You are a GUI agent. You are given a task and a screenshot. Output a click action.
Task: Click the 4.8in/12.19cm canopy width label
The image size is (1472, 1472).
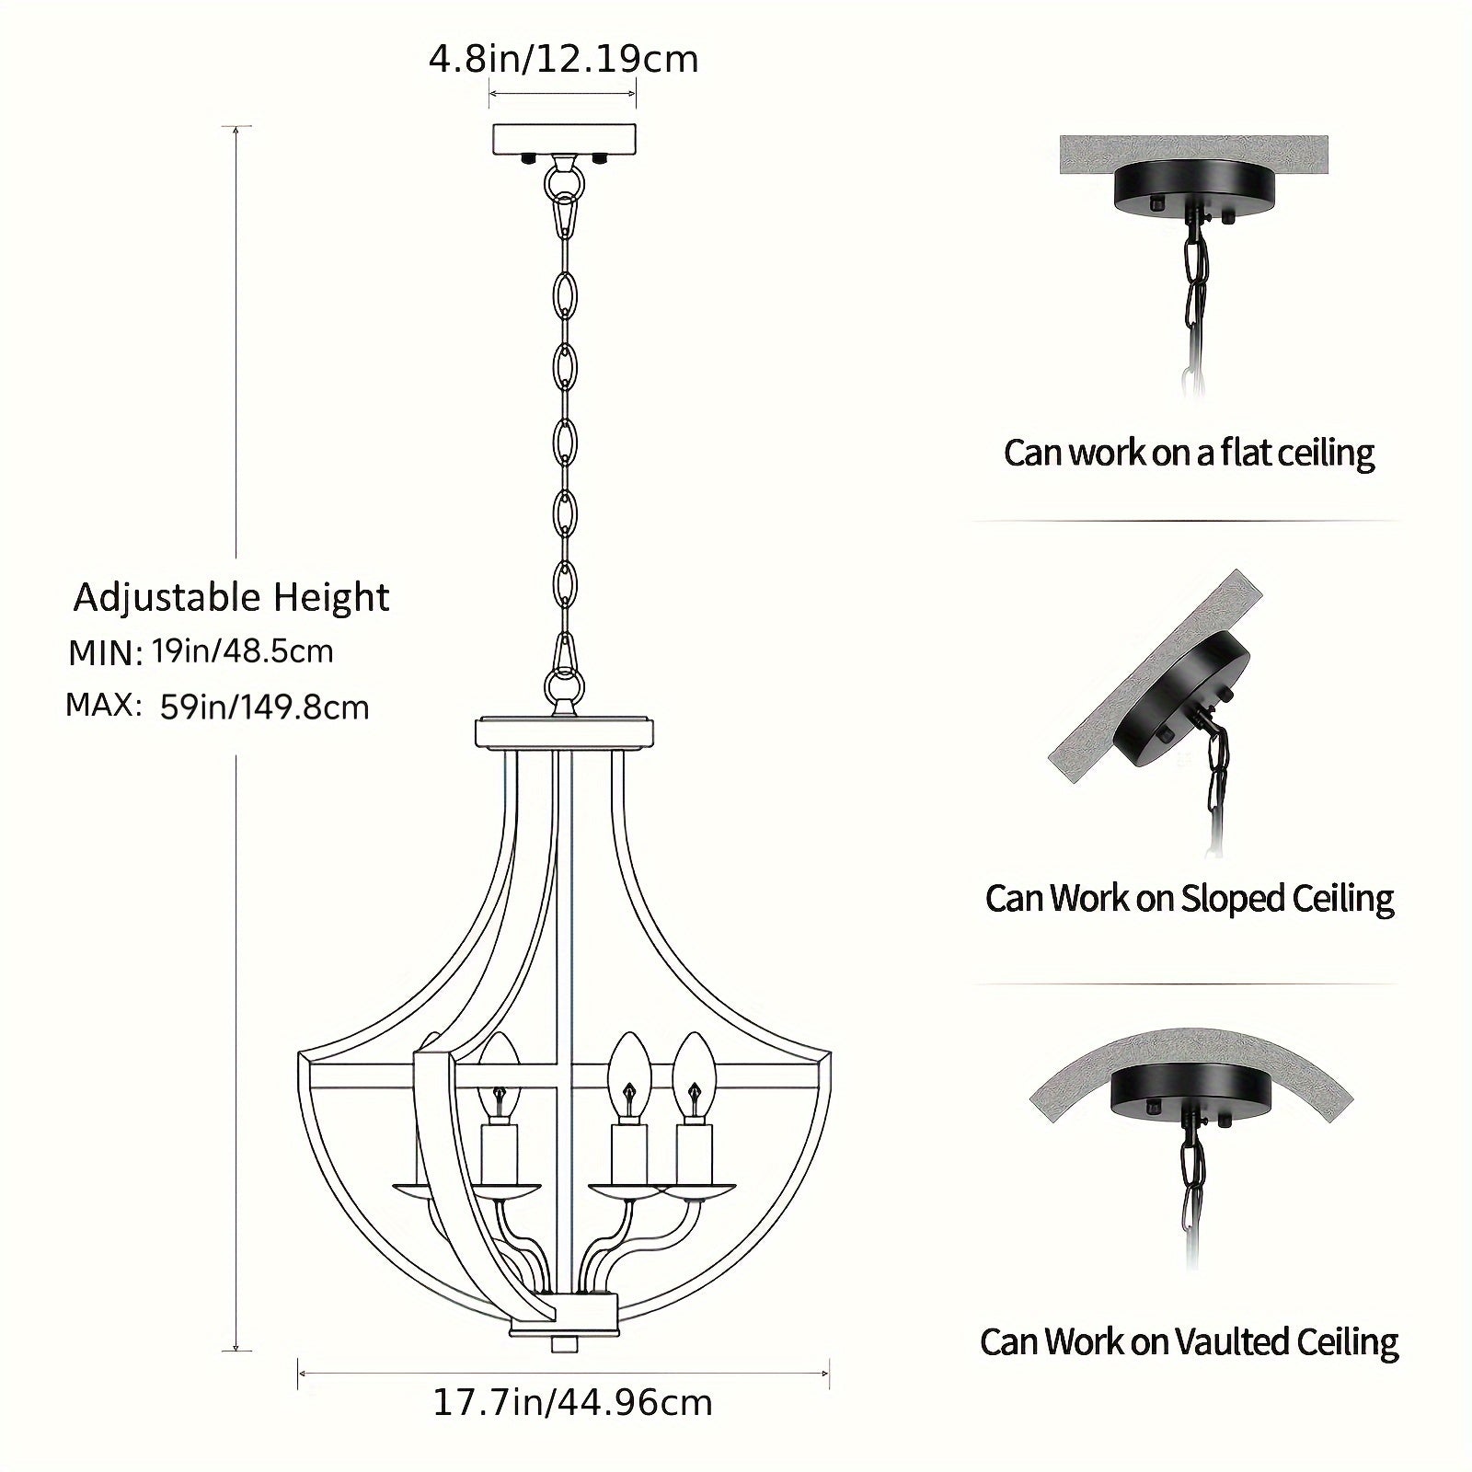click(x=563, y=60)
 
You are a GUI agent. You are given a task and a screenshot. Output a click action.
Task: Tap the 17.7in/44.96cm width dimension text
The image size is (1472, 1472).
click(x=572, y=1403)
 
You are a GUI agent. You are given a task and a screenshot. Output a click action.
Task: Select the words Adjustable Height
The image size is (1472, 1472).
click(x=232, y=598)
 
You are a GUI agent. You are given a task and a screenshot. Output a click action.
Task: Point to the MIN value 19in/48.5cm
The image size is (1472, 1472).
click(x=243, y=651)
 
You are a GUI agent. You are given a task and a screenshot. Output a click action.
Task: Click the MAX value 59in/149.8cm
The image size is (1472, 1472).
click(x=264, y=707)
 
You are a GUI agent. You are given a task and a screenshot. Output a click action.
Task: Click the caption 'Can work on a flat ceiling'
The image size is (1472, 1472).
click(x=1189, y=454)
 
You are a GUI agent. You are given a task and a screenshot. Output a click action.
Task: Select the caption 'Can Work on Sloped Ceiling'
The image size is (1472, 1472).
click(x=1189, y=899)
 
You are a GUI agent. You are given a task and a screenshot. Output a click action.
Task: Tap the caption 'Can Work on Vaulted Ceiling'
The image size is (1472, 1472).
click(x=1189, y=1342)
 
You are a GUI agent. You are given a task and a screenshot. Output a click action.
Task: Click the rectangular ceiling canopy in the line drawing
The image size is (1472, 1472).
click(x=564, y=140)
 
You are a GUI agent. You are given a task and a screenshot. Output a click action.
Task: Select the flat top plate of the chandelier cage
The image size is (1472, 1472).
click(x=564, y=733)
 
